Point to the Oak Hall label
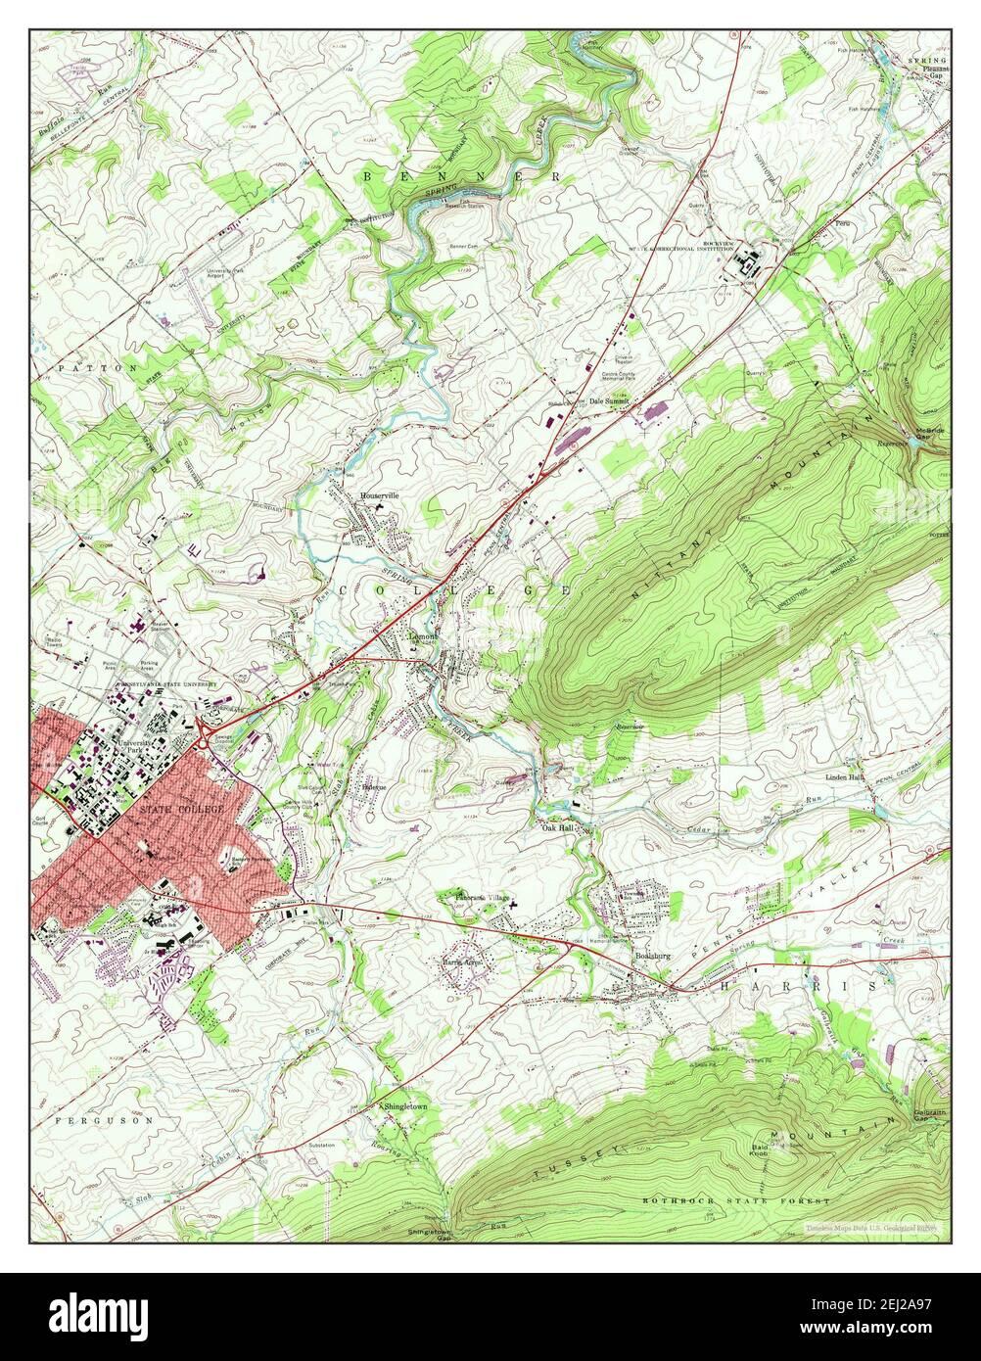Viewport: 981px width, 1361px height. coord(557,828)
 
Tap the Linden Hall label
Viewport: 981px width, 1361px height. coord(843,777)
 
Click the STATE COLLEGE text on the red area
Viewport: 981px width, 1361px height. coord(181,811)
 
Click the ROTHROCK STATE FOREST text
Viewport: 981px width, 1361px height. coord(735,1200)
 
